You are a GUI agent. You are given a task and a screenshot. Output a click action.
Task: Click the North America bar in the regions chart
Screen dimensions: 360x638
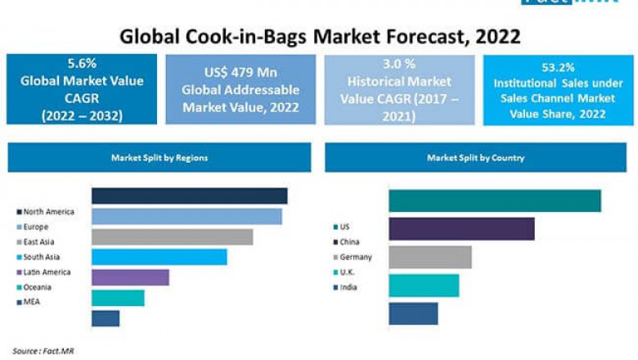coord(189,196)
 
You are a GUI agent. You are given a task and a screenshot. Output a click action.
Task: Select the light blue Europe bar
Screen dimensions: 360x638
coord(186,216)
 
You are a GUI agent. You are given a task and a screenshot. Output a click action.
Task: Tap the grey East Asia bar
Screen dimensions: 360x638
coord(172,236)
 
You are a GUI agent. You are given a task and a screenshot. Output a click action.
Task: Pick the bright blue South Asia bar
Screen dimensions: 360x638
coord(159,257)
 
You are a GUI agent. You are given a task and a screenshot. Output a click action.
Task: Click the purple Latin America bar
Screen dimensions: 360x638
coord(130,277)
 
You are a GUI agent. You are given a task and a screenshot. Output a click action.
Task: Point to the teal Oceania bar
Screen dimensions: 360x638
coord(118,297)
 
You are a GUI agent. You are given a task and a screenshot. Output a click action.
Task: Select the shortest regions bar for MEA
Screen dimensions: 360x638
coord(106,317)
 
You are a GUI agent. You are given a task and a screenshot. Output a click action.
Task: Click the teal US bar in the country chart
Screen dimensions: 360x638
coord(495,200)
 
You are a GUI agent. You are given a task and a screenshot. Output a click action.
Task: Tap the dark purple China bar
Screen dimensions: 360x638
coord(461,229)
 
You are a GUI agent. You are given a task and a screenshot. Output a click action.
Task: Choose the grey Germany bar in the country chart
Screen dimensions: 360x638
coord(430,257)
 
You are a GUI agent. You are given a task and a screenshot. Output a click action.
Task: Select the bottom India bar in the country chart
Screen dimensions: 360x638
coord(413,313)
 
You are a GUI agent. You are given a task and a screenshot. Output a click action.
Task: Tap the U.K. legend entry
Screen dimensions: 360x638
coord(348,272)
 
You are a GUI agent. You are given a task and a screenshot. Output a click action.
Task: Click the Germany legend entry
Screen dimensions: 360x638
coord(354,257)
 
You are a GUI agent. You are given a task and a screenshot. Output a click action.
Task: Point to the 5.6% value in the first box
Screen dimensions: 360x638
coord(81,64)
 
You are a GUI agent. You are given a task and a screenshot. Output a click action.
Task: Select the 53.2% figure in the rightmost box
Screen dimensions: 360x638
coord(558,67)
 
